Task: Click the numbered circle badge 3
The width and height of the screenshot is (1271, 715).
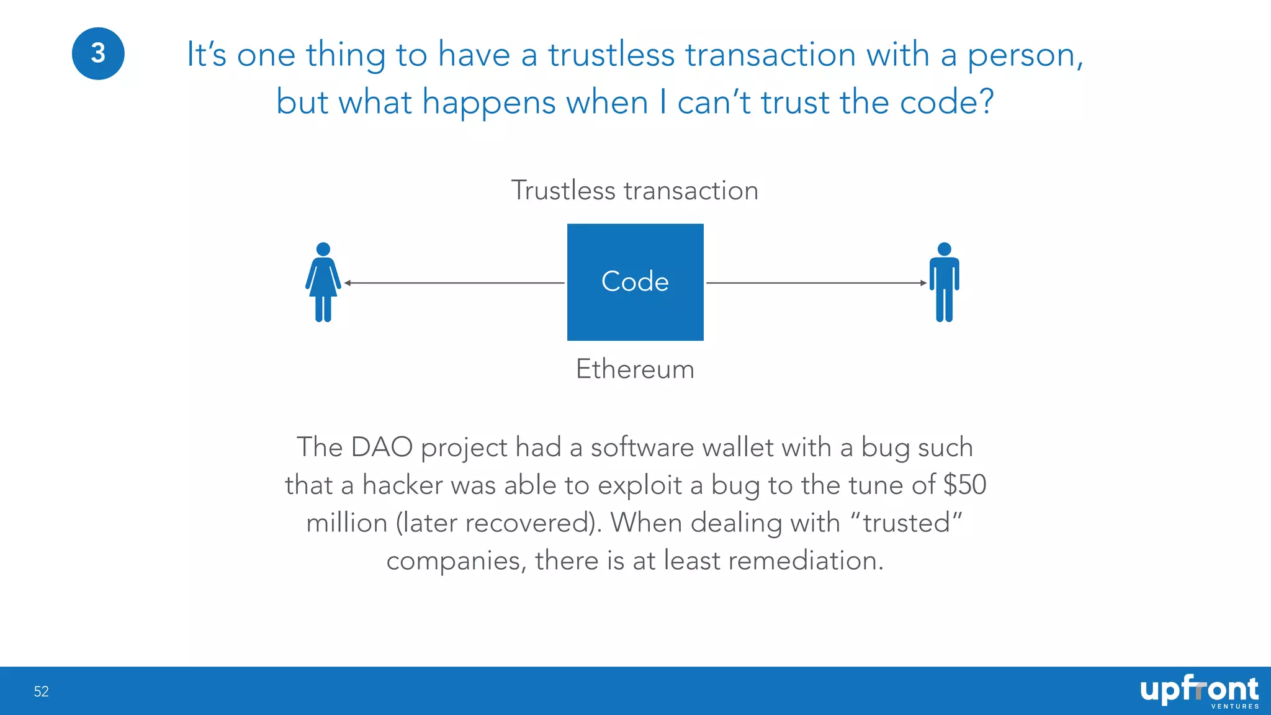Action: [98, 53]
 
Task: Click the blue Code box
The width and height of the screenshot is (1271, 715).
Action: [635, 282]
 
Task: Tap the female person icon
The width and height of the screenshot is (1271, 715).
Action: [323, 282]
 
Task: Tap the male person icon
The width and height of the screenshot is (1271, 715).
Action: [944, 282]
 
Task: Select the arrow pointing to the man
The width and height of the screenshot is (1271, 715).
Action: [816, 283]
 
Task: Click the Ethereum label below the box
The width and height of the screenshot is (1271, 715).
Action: [635, 369]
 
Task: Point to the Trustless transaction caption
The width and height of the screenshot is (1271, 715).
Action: [634, 191]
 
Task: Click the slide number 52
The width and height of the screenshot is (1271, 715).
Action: [41, 691]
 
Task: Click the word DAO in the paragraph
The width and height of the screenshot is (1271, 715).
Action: [382, 447]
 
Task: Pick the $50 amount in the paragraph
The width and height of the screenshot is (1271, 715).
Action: [964, 485]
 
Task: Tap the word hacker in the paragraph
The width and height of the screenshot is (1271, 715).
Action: [402, 485]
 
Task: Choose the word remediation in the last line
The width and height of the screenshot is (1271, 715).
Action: [805, 560]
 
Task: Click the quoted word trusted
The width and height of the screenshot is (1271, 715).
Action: [907, 523]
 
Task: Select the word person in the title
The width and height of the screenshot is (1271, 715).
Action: [1025, 55]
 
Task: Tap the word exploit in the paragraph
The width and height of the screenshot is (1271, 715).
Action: [639, 485]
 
